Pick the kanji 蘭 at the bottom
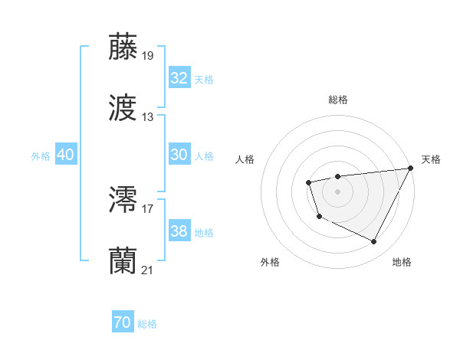click(123, 260)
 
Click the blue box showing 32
click(179, 78)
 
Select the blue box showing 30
click(179, 155)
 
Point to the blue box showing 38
click(179, 231)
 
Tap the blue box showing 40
click(66, 155)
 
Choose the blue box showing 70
click(123, 322)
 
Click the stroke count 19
click(148, 56)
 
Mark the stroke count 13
click(148, 117)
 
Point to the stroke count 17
click(148, 208)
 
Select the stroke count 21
click(148, 270)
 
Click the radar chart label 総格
click(338, 100)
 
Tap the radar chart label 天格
click(432, 159)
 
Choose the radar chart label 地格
click(402, 262)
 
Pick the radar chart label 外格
click(270, 262)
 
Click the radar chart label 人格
click(245, 159)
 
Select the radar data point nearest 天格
click(411, 168)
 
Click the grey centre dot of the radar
click(337, 191)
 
